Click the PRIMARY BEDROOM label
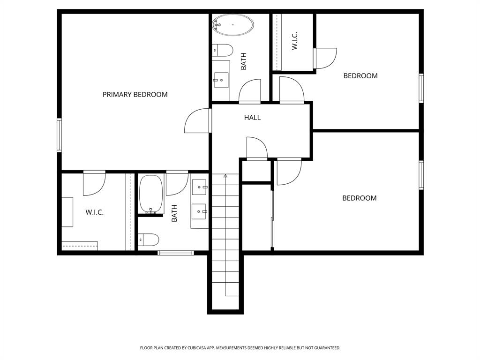coord(135,95)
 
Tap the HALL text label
coord(252,118)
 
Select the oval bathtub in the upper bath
coord(233,25)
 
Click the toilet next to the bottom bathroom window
coord(149,240)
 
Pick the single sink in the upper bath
coord(221,80)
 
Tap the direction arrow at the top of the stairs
coord(225,176)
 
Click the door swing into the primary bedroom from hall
coord(197,121)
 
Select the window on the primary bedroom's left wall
coord(60,135)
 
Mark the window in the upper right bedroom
coord(421,88)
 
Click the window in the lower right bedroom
coord(421,175)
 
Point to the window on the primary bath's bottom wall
coord(176,253)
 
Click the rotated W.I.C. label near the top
coord(295,41)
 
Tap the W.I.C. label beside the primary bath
coord(94,212)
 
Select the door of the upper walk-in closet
coord(325,58)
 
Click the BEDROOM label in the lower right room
coord(359,198)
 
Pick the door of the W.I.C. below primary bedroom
coord(94,183)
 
